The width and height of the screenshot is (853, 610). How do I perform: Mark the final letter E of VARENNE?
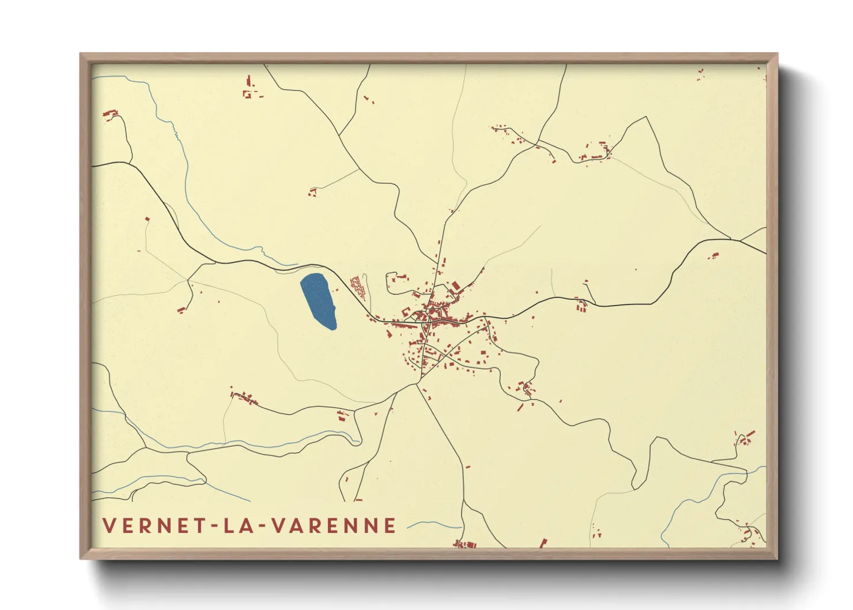click(x=391, y=525)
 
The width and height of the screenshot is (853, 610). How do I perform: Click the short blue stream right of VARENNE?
click(x=432, y=525)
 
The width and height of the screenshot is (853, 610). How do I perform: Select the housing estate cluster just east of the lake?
click(x=359, y=286)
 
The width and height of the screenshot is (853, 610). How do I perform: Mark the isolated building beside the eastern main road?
click(x=715, y=255)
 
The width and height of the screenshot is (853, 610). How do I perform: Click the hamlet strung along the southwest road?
click(x=245, y=398)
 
